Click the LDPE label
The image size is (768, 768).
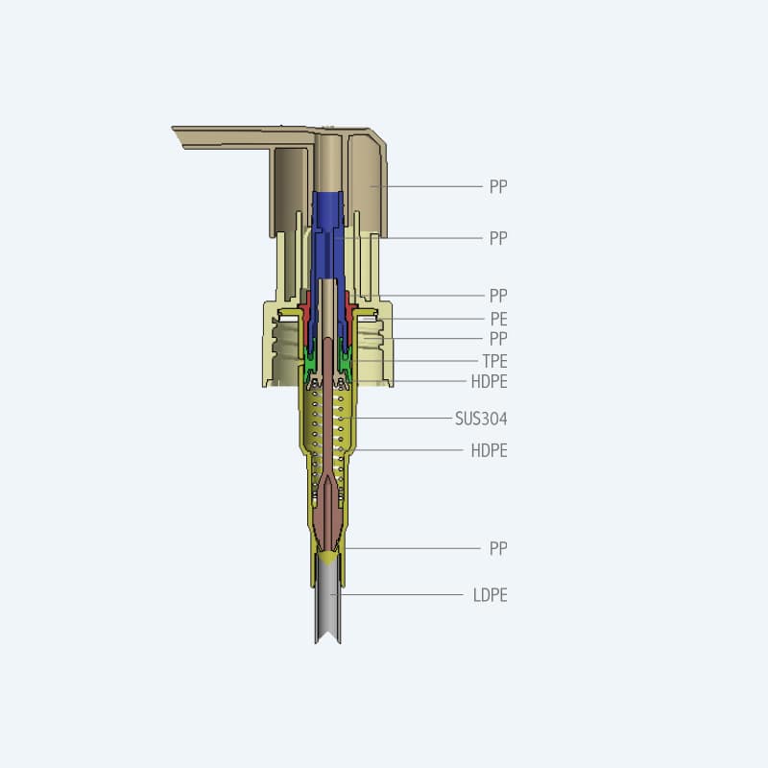click(x=490, y=595)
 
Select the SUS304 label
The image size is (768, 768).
click(x=481, y=419)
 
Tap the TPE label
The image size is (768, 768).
click(x=494, y=361)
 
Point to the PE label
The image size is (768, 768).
click(x=497, y=319)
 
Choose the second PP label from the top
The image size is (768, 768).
click(x=497, y=238)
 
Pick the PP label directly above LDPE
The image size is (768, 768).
click(x=497, y=548)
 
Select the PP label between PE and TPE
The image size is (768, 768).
click(x=497, y=339)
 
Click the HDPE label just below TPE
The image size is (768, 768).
click(x=489, y=381)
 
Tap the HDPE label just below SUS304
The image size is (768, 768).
click(x=489, y=450)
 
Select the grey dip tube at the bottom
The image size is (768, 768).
click(x=330, y=600)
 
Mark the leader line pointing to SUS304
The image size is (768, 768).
click(x=403, y=419)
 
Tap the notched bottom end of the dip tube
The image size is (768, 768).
click(x=330, y=637)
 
